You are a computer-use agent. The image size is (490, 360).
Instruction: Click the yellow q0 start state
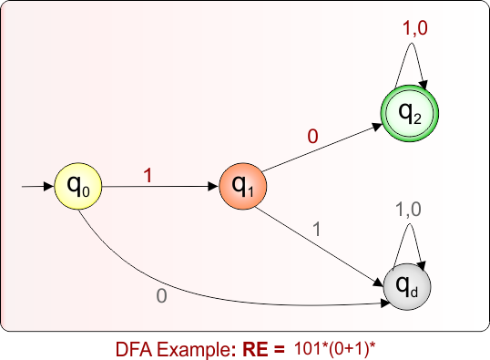[x=78, y=187]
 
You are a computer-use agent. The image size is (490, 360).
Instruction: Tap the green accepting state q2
[x=409, y=113]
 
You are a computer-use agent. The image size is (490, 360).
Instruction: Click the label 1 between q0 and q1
[x=148, y=176]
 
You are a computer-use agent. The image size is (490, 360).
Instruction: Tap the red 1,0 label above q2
[x=415, y=29]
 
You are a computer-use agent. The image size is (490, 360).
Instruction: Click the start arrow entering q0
[x=36, y=187]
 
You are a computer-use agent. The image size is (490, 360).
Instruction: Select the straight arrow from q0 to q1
[x=160, y=187]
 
